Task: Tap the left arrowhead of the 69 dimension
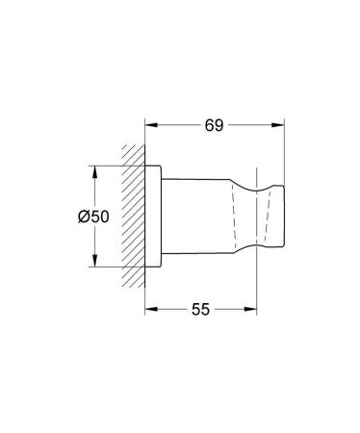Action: [151, 124]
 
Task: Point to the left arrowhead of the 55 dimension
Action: [151, 311]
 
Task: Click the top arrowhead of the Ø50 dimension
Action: [94, 172]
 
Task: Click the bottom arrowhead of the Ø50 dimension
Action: [94, 262]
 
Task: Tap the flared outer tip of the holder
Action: [275, 216]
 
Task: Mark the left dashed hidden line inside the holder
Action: [233, 216]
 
